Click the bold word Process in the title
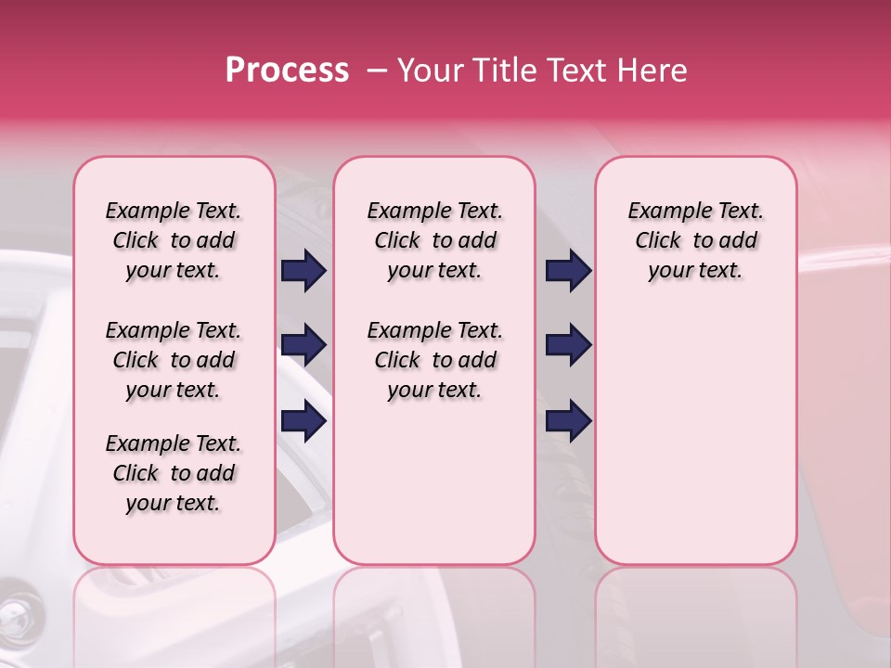(287, 71)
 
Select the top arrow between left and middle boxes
(304, 271)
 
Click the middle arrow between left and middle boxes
(304, 346)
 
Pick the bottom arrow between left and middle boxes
(304, 422)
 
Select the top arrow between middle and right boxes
(568, 271)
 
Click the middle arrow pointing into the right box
(568, 346)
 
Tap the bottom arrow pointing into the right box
(568, 422)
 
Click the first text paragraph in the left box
(174, 240)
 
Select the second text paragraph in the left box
(174, 360)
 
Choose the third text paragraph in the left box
(174, 473)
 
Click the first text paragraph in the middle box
(434, 240)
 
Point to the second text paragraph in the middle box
(434, 360)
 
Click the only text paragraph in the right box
(696, 240)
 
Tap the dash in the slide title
(377, 71)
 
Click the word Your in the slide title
(427, 71)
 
